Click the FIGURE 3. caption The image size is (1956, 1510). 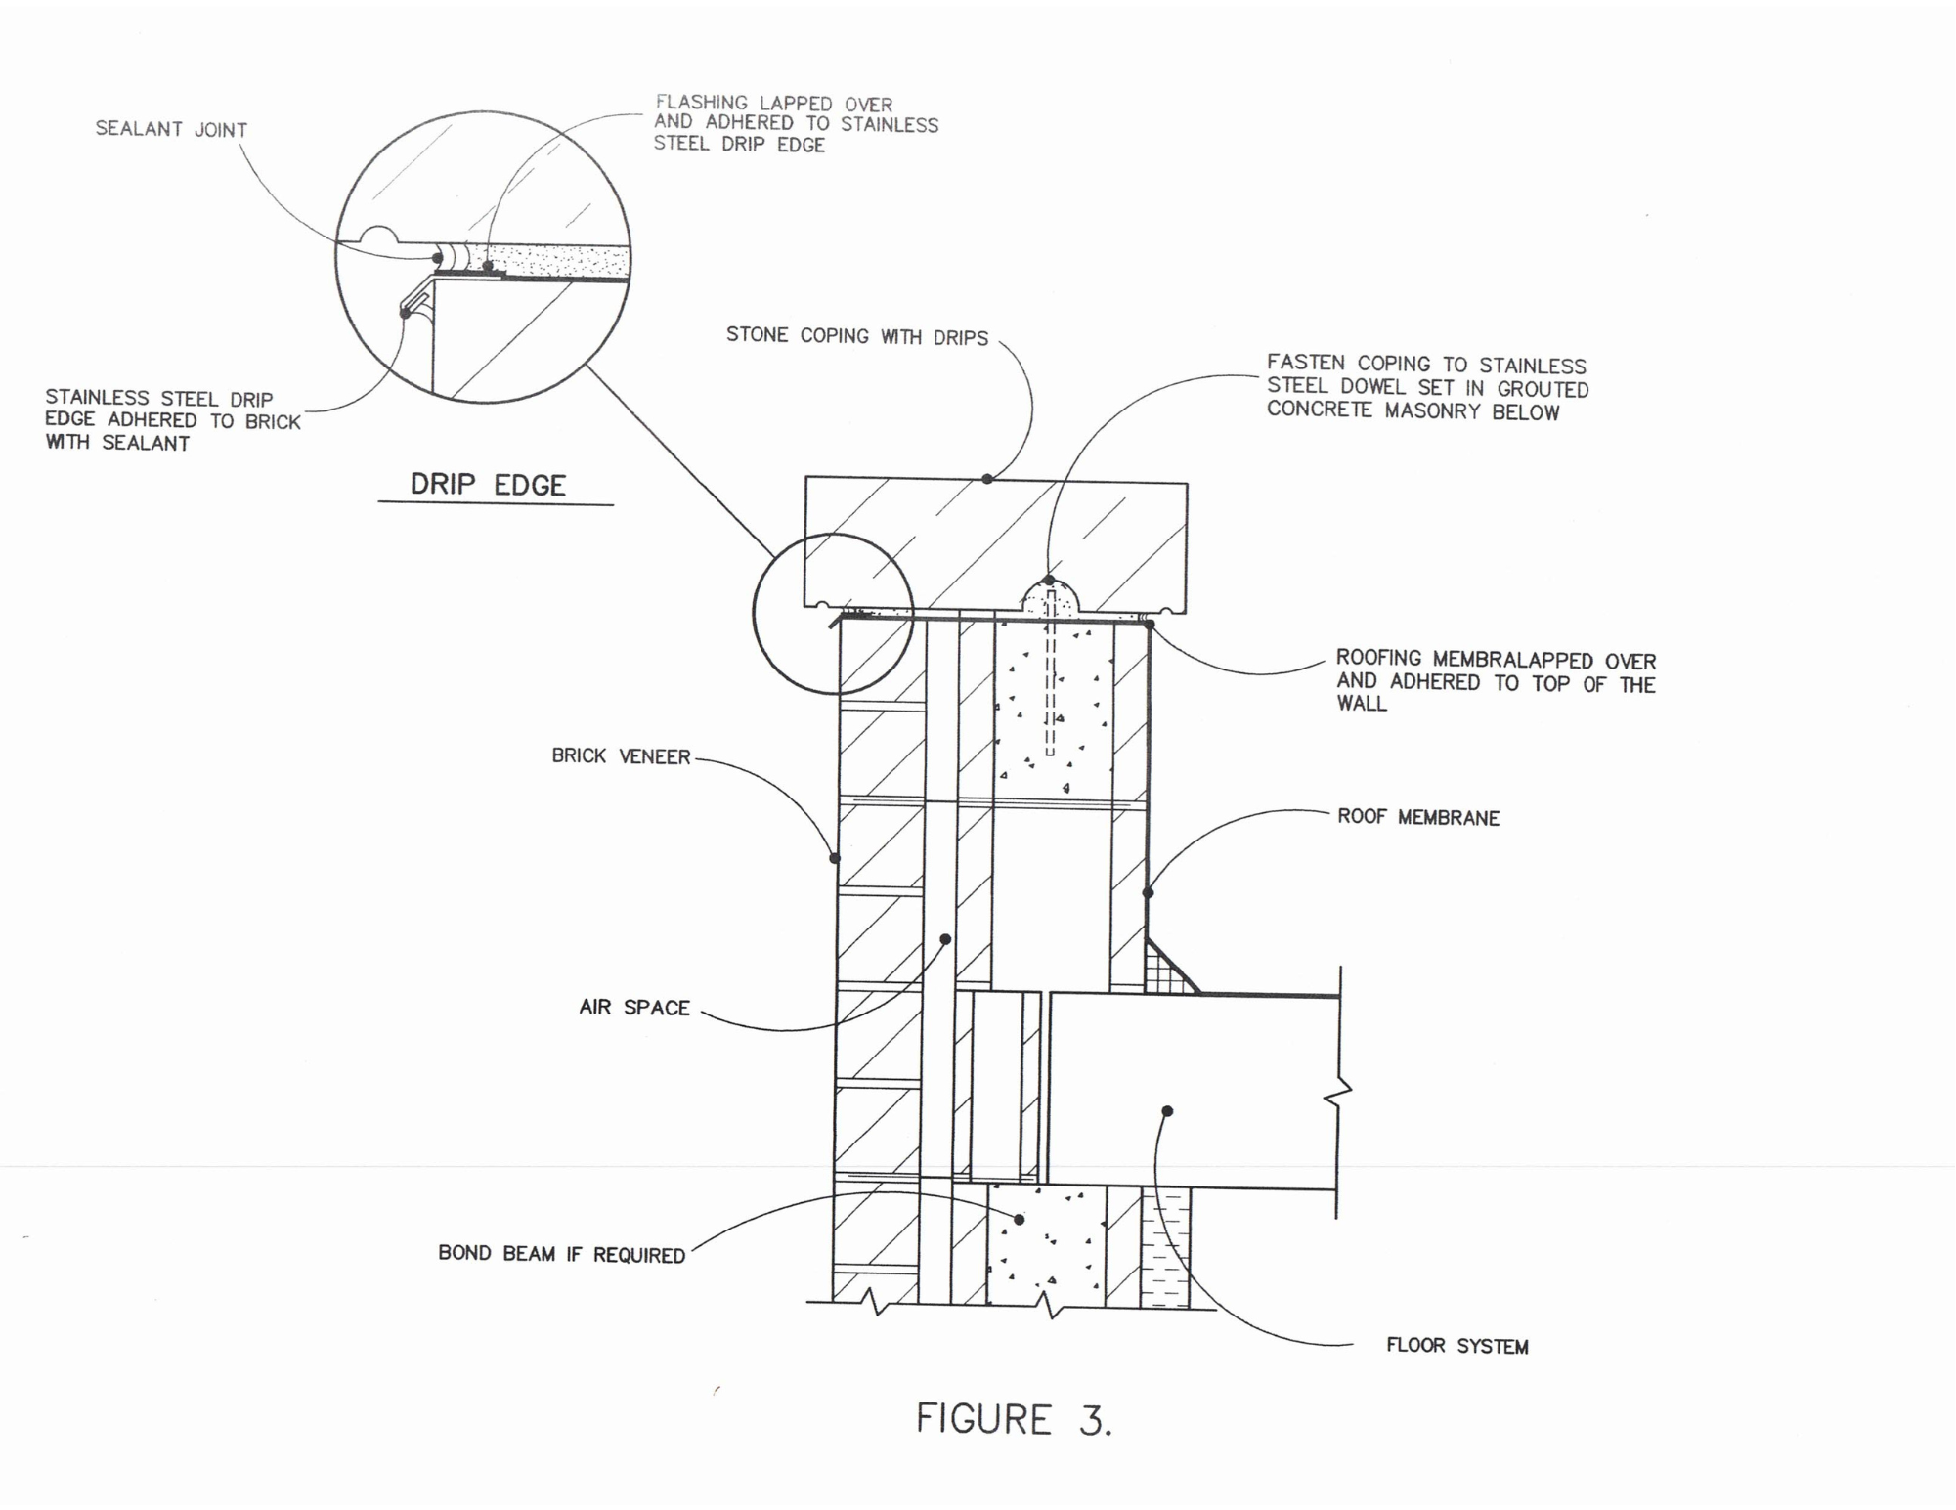click(x=1014, y=1419)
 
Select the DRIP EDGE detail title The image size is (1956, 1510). click(x=488, y=485)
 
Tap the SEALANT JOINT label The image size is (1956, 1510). click(x=171, y=129)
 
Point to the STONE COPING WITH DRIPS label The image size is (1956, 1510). click(x=857, y=336)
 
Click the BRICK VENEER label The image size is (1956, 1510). click(x=621, y=756)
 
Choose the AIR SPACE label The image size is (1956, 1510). click(x=634, y=1008)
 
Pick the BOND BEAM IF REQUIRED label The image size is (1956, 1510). click(x=562, y=1254)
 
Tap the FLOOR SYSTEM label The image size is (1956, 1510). click(x=1457, y=1346)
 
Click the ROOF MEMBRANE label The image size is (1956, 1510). click(x=1418, y=817)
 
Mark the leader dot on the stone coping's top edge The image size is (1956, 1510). click(x=987, y=479)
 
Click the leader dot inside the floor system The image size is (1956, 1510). click(x=1167, y=1111)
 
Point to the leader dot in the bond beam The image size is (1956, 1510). click(x=1020, y=1220)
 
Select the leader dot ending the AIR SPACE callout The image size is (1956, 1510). click(x=945, y=939)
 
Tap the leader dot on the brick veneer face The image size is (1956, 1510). click(x=835, y=858)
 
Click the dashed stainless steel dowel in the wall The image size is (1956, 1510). click(x=1050, y=673)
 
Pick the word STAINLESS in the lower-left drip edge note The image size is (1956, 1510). click(x=97, y=398)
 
